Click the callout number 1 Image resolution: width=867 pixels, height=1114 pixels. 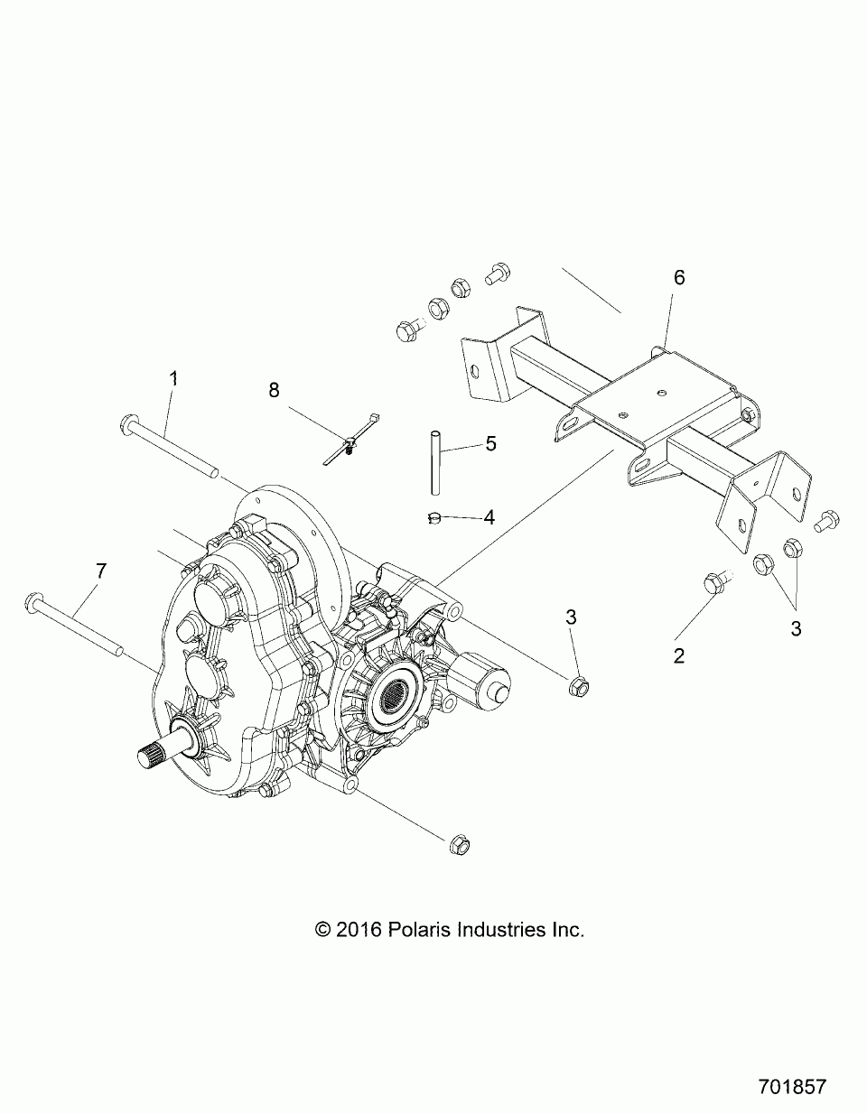173,379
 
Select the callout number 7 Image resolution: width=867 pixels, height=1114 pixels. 100,571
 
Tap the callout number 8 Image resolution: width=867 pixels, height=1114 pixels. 275,390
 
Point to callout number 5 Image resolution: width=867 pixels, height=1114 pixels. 490,443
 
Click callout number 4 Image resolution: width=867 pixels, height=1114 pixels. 489,517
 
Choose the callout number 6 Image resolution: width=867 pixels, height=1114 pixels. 679,277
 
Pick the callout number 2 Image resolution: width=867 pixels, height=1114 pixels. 679,655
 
